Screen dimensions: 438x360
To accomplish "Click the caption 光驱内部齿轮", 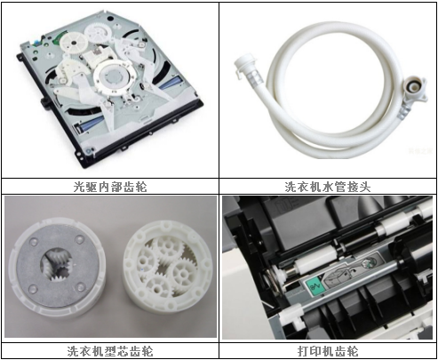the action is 110,187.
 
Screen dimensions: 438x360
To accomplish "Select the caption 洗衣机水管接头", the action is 328,187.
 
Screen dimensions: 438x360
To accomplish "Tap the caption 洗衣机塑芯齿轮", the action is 110,351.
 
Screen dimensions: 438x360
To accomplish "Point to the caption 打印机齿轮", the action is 328,351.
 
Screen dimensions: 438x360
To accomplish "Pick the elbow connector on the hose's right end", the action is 414,91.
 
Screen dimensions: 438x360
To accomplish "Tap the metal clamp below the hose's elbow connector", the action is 404,113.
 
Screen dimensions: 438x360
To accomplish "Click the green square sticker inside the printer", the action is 314,286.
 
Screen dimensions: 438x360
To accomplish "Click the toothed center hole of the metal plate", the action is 57,265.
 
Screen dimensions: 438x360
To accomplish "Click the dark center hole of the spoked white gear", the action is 73,43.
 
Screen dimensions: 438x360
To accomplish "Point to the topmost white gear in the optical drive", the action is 99,34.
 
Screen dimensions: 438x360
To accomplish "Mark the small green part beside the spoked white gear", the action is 58,39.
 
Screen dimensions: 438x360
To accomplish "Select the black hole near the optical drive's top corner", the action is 110,19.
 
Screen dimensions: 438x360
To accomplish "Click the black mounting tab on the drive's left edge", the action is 45,102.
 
